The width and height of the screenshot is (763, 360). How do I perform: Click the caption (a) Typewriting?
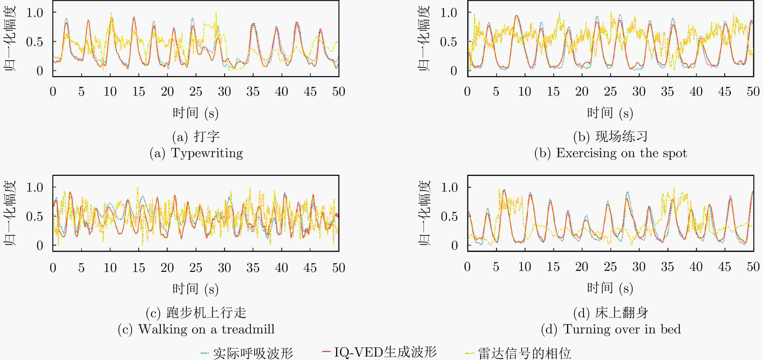click(196, 153)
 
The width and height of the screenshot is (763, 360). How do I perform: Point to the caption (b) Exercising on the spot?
click(610, 153)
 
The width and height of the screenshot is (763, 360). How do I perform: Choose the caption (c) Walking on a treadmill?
click(196, 329)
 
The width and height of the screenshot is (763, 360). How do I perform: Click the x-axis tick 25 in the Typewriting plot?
click(196, 92)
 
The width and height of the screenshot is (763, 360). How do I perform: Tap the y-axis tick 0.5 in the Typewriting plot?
click(34, 42)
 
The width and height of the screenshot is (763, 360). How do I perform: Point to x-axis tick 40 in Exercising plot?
click(696, 92)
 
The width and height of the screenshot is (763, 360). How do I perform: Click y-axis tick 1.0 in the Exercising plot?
click(449, 13)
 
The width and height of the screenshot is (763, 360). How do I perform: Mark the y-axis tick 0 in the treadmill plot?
click(40, 245)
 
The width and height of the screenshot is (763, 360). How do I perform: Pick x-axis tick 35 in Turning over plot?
click(667, 267)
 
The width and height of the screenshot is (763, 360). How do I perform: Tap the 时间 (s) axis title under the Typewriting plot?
click(195, 113)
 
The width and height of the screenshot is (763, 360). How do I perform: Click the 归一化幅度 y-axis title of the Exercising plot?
click(424, 39)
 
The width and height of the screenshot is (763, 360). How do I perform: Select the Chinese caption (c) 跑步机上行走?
click(196, 313)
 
